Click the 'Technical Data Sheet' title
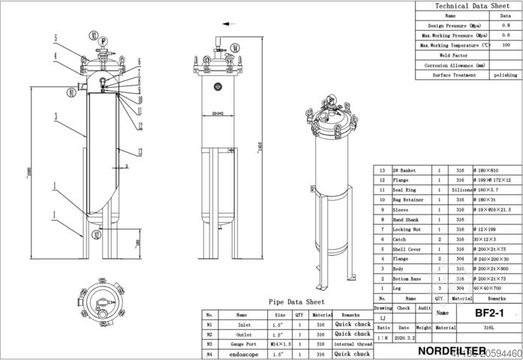pyautogui.click(x=469, y=5)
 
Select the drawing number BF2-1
pyautogui.click(x=488, y=311)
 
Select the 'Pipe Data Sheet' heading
pyautogui.click(x=296, y=301)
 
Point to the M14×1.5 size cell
pyautogui.click(x=279, y=343)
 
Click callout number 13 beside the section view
pyautogui.click(x=140, y=125)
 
